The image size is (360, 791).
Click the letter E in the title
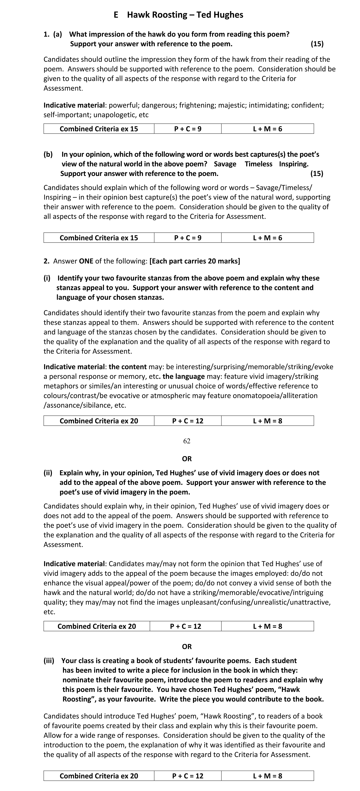116,15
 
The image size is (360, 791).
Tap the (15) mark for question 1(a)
317,44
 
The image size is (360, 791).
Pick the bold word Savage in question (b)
225,164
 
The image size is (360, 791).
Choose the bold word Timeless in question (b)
258,164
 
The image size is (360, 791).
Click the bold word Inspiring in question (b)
293,164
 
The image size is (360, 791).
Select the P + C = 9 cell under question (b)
188,238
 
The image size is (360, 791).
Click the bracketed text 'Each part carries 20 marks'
195,261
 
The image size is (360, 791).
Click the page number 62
187,441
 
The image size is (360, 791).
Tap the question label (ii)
48,473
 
